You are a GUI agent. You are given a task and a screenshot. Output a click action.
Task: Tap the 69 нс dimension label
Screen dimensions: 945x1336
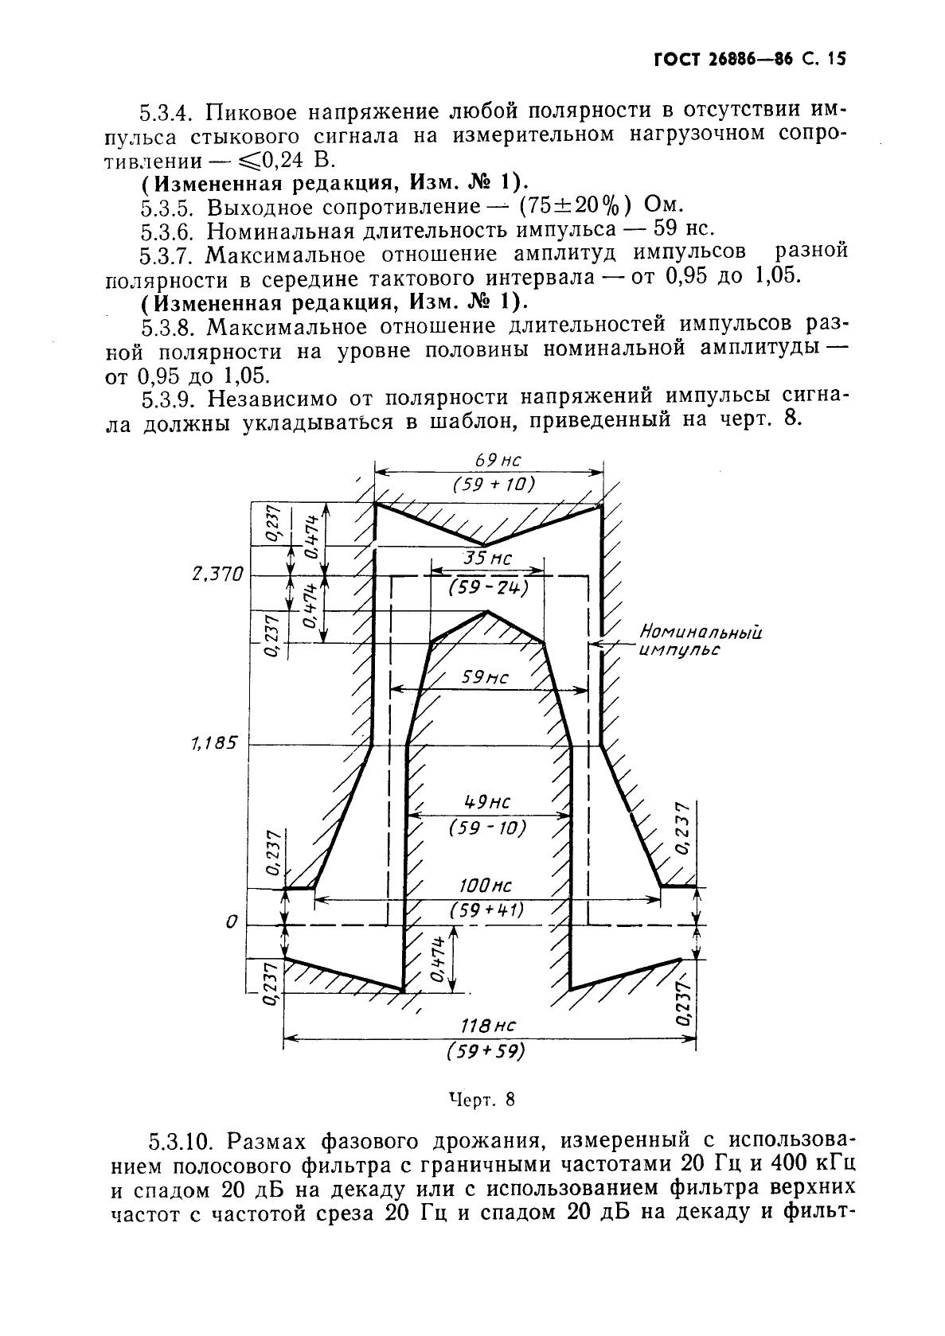(x=487, y=460)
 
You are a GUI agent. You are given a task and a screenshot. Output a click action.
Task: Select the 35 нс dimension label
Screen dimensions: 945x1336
(x=487, y=559)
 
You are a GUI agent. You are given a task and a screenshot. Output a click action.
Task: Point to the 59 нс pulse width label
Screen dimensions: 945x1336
(x=486, y=677)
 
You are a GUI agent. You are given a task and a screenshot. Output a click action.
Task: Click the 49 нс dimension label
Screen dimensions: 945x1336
(x=487, y=802)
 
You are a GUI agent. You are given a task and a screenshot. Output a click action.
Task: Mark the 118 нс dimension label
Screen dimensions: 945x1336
(x=486, y=1026)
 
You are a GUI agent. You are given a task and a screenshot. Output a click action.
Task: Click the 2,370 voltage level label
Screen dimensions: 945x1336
(x=217, y=575)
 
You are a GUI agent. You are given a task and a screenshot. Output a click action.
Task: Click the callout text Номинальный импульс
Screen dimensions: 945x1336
(x=700, y=641)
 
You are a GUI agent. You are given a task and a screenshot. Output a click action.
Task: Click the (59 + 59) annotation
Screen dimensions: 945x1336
(x=486, y=1051)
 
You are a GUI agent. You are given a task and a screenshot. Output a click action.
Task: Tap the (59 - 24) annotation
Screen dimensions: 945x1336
(x=488, y=587)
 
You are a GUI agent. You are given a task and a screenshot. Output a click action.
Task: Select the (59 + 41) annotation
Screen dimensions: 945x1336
(x=486, y=909)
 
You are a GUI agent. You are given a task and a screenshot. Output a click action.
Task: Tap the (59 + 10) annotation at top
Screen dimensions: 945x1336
(x=487, y=485)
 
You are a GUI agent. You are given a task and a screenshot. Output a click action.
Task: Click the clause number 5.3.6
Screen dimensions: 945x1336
(x=169, y=231)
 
